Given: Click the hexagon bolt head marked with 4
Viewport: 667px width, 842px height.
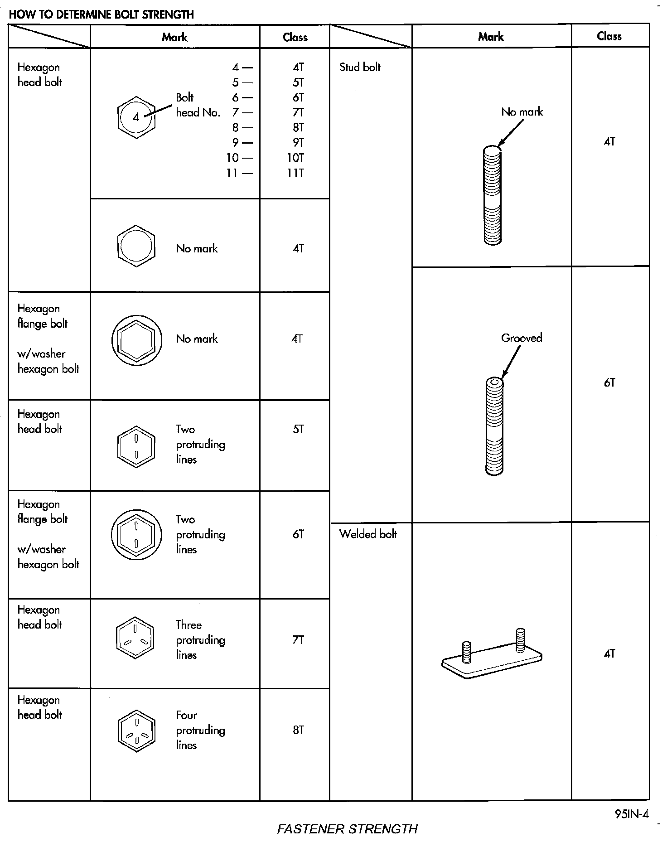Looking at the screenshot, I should [x=136, y=117].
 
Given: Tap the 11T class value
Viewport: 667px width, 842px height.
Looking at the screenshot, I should [x=295, y=173].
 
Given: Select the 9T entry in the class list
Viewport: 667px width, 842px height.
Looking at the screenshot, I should [x=298, y=143].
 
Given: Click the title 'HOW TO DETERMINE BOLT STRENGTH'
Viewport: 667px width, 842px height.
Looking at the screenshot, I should [x=101, y=15].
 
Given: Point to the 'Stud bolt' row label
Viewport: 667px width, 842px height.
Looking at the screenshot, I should [x=360, y=68].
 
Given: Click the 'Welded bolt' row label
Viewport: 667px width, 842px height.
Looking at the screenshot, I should [x=368, y=534].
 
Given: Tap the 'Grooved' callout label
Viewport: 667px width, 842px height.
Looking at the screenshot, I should [x=522, y=338].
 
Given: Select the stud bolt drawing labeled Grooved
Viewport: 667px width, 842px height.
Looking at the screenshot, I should [x=494, y=426].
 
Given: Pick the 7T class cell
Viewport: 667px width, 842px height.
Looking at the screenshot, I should [x=298, y=640].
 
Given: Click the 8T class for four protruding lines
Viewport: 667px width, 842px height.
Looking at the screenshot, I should [x=298, y=730].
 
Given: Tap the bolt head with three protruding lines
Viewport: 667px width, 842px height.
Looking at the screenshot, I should [x=135, y=638].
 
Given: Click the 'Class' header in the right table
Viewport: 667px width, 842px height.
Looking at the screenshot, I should [x=609, y=36].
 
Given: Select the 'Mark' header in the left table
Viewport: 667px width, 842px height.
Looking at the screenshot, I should [x=174, y=37].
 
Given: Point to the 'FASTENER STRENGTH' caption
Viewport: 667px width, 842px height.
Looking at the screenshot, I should [x=347, y=829].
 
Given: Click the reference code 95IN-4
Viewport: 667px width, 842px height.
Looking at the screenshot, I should [x=632, y=814].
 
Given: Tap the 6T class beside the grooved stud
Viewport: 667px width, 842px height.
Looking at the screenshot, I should [x=609, y=383].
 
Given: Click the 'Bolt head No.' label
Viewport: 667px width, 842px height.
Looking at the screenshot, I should [x=198, y=105].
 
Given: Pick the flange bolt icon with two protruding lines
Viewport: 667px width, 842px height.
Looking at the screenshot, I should [x=136, y=535].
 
